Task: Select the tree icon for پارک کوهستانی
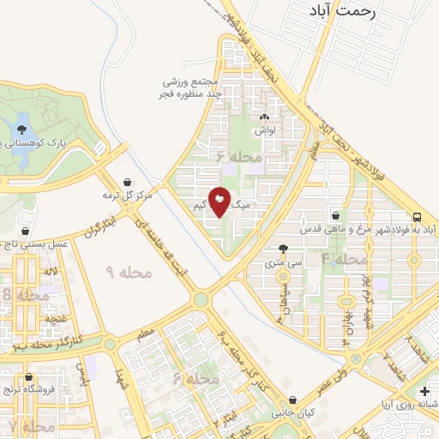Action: pos(19,129)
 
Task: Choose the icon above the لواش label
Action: pos(263,118)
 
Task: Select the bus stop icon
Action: pos(417,217)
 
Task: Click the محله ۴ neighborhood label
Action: pos(344,258)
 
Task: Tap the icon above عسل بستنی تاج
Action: pos(27,231)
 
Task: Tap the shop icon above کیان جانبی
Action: pos(294,399)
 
